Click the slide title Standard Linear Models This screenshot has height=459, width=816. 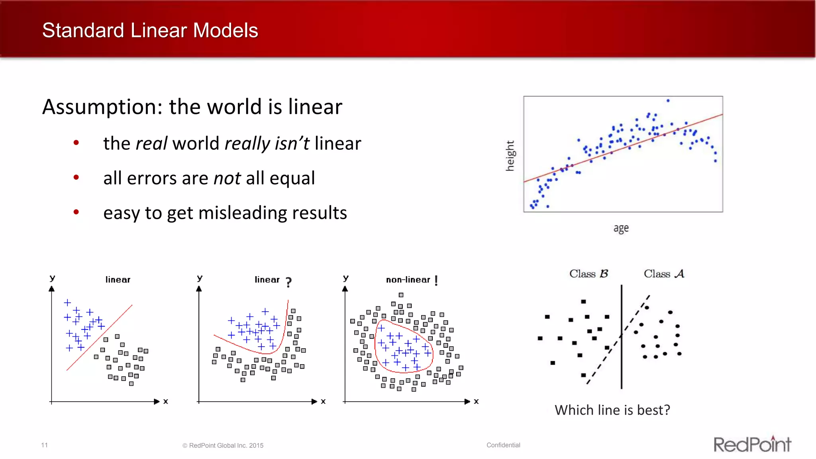pos(150,31)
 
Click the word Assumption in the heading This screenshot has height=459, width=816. pos(102,107)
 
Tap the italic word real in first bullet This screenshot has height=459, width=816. pos(151,143)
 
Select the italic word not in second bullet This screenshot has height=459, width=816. pos(227,178)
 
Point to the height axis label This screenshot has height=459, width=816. pos(510,155)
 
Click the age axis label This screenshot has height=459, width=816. pos(621,228)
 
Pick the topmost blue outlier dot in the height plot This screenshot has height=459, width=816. pos(668,101)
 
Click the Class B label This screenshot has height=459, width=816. pos(588,274)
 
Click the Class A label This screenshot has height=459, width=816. pos(664,274)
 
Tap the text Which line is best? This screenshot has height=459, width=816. pos(612,410)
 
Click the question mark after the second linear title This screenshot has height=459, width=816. pos(288,282)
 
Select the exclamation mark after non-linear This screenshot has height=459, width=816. pos(436,280)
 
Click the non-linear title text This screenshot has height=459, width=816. pos(408,280)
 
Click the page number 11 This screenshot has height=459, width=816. pos(44,445)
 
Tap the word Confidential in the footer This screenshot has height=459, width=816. pos(503,445)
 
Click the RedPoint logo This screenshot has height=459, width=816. pos(752,444)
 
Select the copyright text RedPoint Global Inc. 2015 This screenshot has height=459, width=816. pos(226,445)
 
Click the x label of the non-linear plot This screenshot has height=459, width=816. pos(476,401)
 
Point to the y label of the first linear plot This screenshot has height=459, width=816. pos(52,278)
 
